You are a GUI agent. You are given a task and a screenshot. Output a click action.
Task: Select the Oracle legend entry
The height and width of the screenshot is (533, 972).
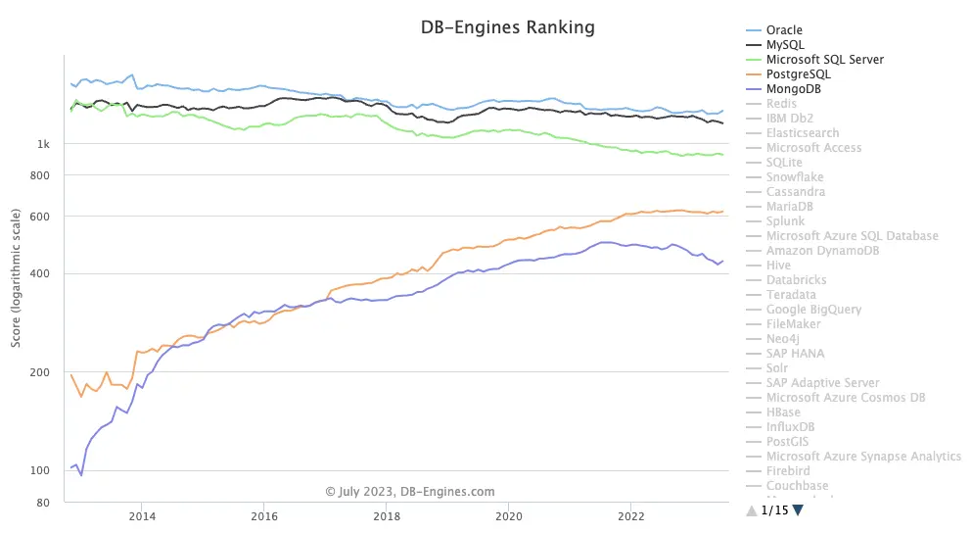[784, 30]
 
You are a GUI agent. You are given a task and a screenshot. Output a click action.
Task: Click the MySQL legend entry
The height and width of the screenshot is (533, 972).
[786, 45]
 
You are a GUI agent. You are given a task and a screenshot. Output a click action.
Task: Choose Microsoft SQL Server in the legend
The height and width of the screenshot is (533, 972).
[824, 60]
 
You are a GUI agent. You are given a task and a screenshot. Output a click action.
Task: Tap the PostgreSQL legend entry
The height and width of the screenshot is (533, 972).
[798, 74]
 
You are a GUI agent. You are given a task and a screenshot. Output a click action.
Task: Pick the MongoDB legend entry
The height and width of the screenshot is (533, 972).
[793, 89]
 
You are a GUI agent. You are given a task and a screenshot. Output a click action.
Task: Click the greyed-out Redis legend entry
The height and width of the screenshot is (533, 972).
[781, 104]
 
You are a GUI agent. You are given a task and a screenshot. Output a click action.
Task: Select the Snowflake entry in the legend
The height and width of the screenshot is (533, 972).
[794, 177]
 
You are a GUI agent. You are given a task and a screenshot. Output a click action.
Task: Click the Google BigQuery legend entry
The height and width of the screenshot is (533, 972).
[813, 310]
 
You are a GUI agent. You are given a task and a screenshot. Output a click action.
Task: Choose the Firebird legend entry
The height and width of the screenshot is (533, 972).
[787, 471]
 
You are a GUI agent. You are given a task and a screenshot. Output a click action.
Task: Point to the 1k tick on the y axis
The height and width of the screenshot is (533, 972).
[43, 145]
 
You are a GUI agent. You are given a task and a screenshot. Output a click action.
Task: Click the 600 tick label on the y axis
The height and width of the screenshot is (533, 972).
[40, 217]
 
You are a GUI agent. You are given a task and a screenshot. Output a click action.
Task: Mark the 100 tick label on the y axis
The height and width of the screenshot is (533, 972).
[40, 470]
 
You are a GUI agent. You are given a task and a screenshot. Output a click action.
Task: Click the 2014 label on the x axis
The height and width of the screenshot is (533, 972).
[142, 515]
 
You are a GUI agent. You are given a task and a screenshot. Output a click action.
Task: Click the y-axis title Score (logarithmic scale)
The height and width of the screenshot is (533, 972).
[16, 284]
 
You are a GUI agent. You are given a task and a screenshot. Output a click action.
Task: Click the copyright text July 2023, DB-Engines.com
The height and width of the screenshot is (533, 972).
[410, 492]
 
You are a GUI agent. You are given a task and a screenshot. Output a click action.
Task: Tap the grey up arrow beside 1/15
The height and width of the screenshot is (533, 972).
[751, 510]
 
